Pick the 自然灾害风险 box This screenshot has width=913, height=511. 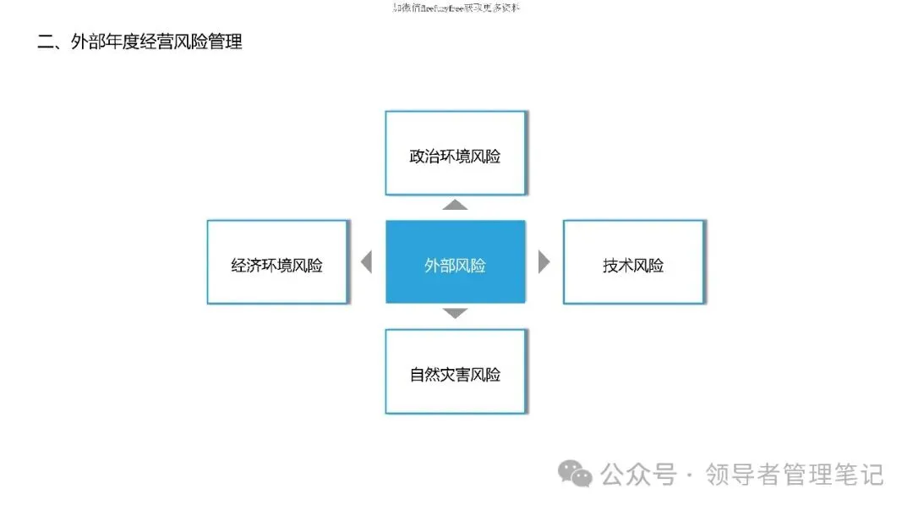point(455,371)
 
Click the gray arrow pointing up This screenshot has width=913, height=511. point(456,205)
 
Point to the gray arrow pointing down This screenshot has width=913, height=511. point(456,313)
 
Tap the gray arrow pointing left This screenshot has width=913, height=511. point(366,262)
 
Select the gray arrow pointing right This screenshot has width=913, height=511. point(544,262)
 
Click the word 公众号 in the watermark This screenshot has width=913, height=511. point(638,475)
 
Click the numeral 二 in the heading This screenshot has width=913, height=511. point(46,41)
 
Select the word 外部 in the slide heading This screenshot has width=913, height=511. point(89,41)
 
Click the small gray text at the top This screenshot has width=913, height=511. point(456,8)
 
